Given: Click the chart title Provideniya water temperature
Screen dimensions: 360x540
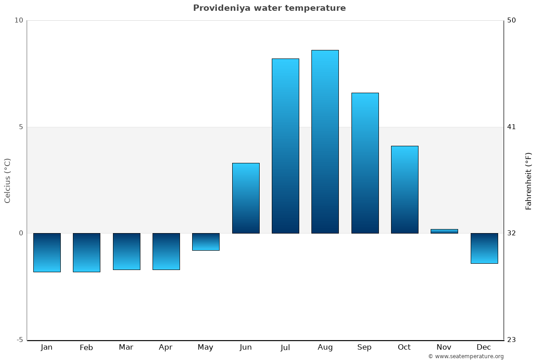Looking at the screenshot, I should [269, 8].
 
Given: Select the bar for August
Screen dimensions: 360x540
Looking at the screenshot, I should [325, 142].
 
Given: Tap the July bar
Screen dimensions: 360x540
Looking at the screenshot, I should [285, 146].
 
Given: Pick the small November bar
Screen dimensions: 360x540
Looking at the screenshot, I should [444, 231].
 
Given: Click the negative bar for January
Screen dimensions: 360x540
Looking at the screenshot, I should [47, 252].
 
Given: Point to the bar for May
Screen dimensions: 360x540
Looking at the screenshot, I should [206, 242].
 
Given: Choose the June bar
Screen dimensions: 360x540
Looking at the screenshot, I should [246, 198].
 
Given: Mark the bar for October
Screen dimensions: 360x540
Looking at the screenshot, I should [405, 189].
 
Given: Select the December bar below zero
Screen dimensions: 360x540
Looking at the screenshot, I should [484, 248].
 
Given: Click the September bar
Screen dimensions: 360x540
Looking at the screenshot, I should [365, 163].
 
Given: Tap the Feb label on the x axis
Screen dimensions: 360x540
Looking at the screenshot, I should [86, 347].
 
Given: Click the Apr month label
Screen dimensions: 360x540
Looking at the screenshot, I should [166, 347].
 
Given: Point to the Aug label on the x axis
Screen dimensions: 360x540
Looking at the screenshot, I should [325, 347].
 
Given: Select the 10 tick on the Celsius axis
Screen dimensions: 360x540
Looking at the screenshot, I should [19, 20].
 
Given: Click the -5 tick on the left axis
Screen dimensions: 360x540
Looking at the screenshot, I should [19, 340].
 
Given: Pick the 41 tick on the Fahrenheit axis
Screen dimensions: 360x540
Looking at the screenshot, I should [511, 127].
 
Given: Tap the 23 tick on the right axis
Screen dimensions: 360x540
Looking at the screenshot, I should [511, 340].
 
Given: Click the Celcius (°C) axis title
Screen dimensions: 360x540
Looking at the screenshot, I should [8, 180].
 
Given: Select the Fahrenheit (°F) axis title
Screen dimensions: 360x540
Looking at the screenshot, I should [529, 180].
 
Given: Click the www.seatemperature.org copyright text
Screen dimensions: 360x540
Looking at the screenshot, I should [466, 356].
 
